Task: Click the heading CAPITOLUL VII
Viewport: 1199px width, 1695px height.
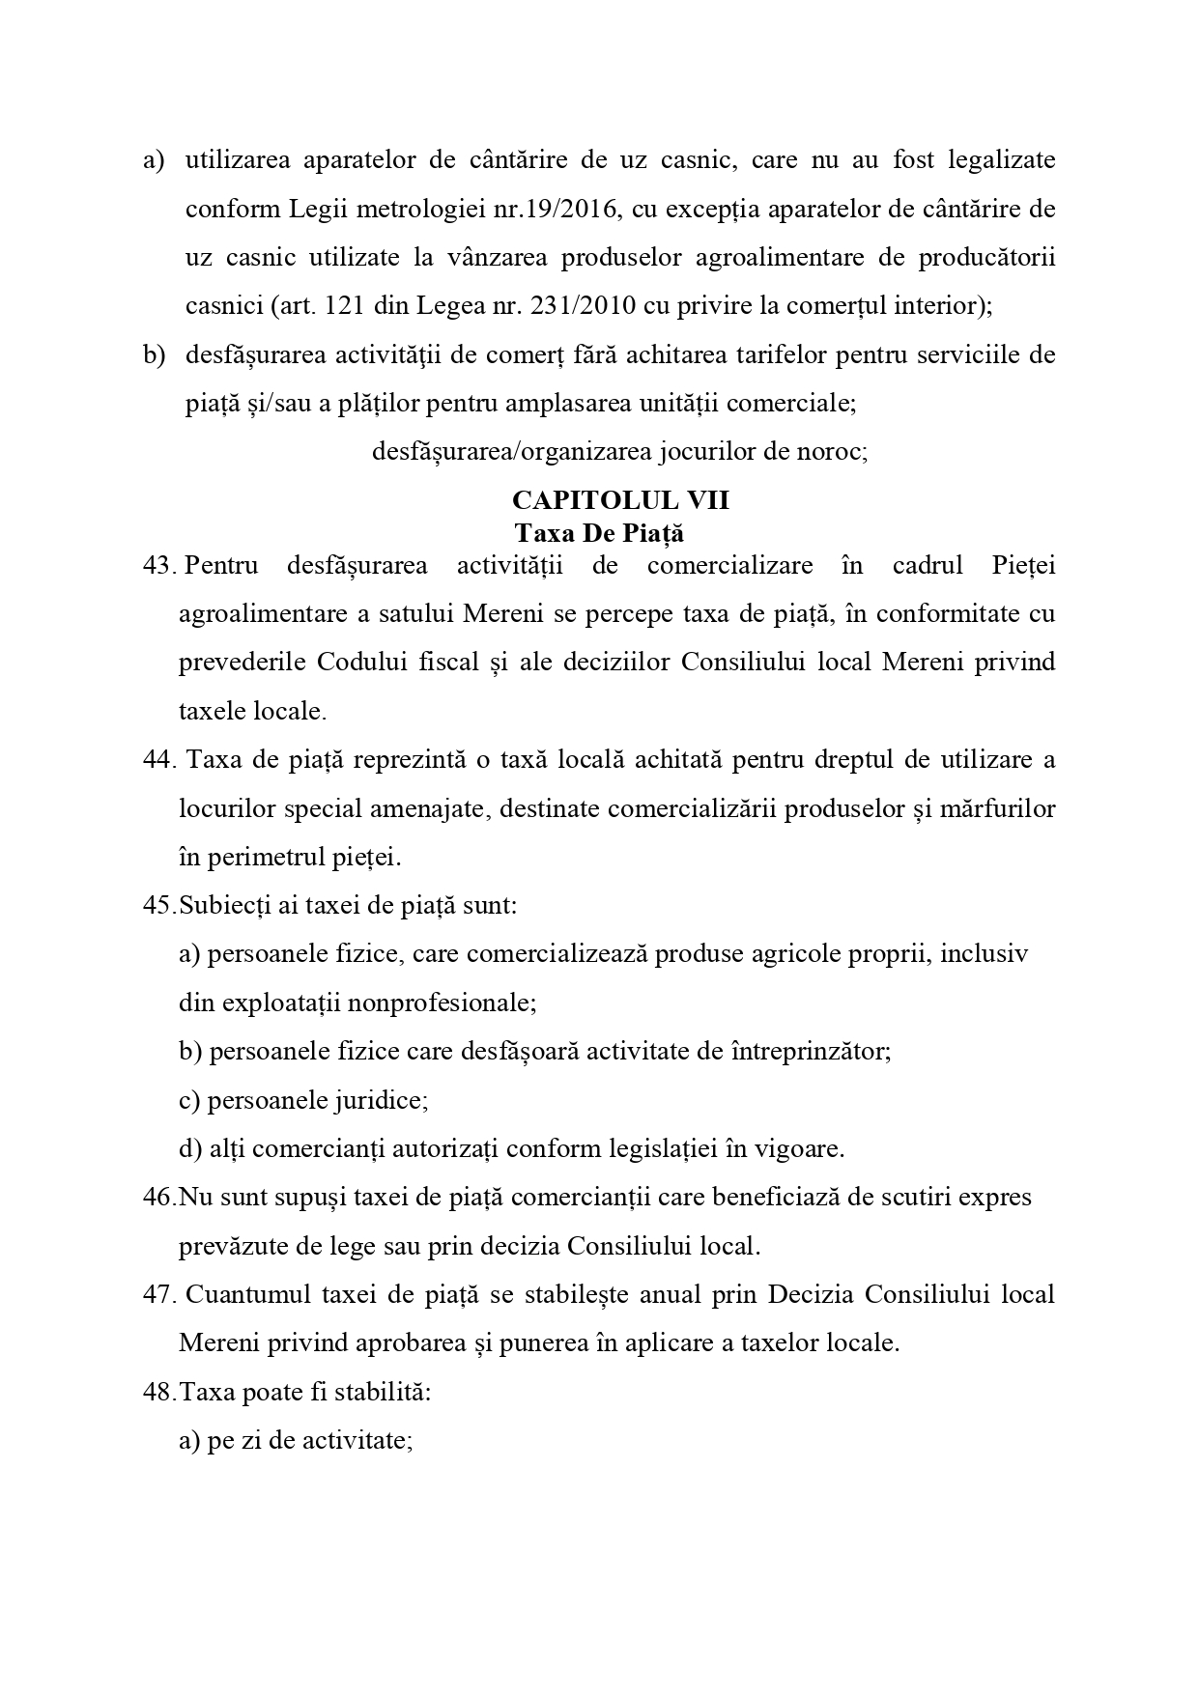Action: coord(620,500)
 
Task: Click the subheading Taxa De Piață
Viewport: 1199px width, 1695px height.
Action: coord(599,533)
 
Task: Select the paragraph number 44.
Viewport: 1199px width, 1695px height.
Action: coord(157,759)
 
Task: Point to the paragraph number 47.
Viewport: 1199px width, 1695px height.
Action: coord(157,1294)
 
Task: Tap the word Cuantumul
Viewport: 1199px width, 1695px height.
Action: coord(243,1294)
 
